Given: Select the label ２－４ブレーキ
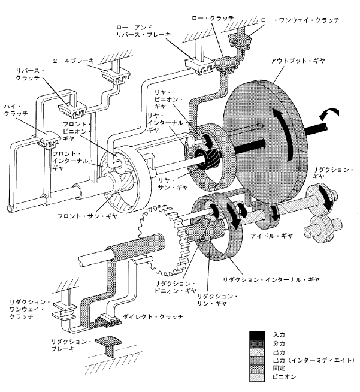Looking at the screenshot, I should coord(74,61).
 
